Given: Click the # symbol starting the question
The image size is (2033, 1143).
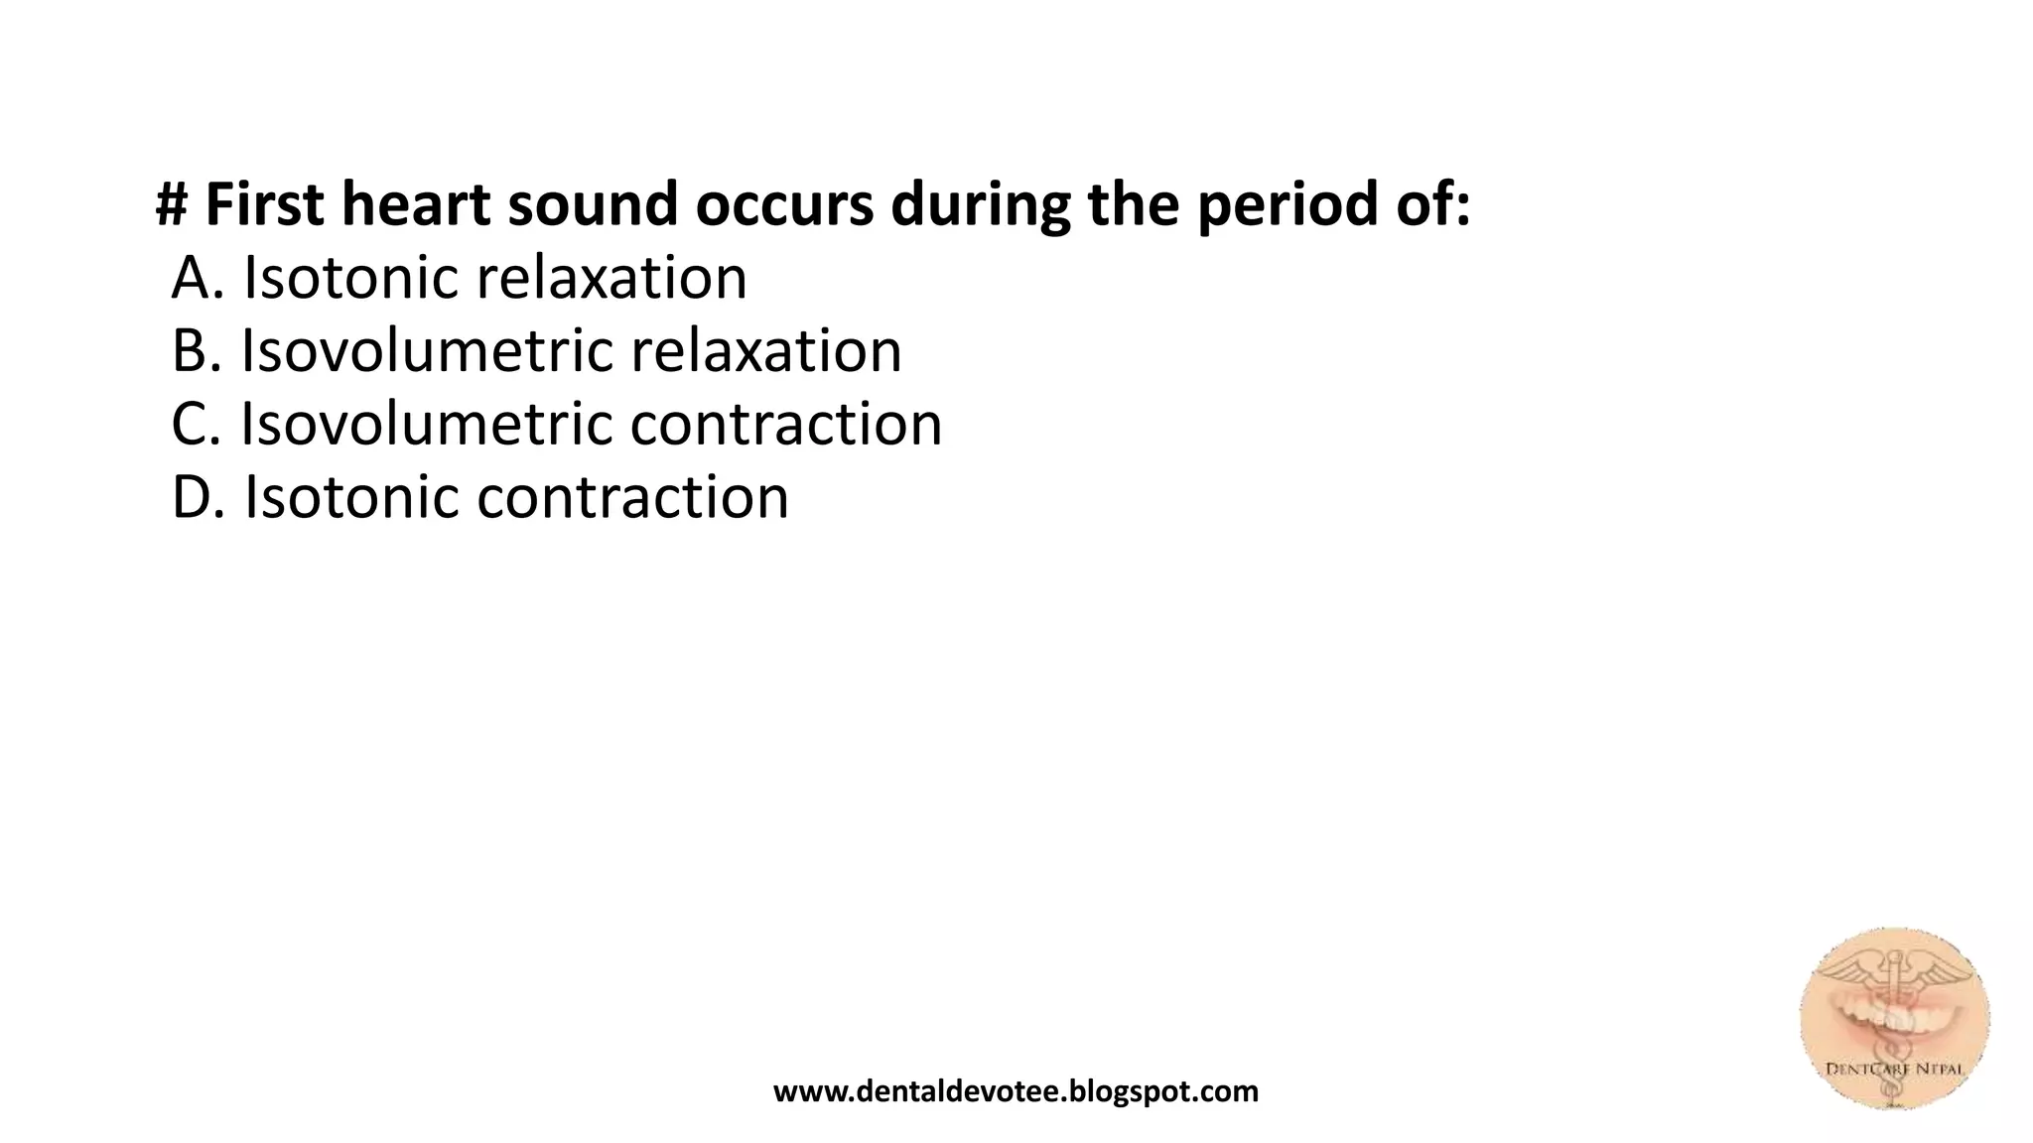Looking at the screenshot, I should pos(173,204).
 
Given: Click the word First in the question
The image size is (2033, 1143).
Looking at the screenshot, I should pos(264,204).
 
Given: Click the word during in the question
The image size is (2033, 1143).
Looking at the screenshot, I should pos(980,204).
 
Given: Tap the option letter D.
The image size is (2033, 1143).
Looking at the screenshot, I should pos(193,497).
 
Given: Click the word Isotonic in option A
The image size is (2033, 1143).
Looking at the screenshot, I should pos(351,278).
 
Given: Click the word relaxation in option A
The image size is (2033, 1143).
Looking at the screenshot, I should pos(611,278).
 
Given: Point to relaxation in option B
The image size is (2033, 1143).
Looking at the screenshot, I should pos(765,351).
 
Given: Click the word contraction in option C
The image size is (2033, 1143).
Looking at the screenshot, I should pos(786,425).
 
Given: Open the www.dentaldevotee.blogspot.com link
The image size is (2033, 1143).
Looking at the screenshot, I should pos(1016,1091).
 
